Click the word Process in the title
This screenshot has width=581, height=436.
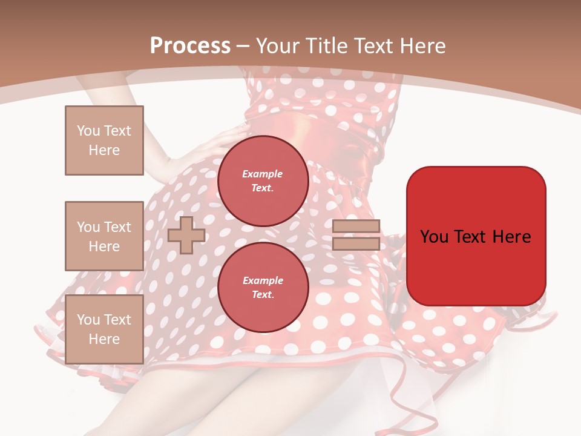190,46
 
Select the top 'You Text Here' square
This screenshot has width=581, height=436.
104,140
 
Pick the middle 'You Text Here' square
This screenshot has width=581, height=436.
104,236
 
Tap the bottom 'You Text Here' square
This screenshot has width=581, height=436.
104,329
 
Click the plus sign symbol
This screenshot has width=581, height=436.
186,235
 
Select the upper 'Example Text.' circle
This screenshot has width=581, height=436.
263,181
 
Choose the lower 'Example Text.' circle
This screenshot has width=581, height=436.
263,288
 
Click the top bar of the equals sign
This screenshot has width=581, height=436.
356,226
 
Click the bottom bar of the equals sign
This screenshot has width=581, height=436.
356,244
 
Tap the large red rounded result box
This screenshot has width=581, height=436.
476,236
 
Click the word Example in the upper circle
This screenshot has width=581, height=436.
263,174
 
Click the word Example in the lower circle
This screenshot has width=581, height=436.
263,280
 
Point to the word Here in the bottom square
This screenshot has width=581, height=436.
104,339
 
